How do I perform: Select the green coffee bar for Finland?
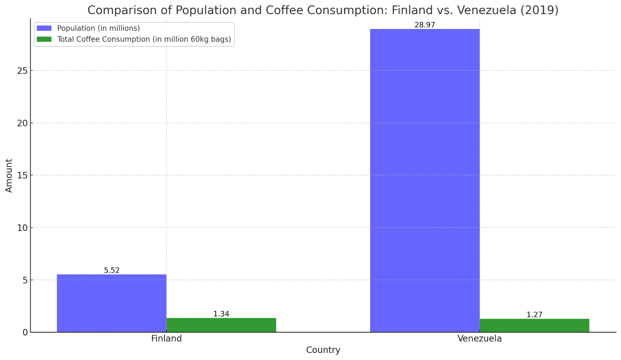(x=221, y=325)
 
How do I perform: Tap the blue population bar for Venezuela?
(x=425, y=180)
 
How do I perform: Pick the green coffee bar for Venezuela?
(x=534, y=325)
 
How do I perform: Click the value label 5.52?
(x=112, y=271)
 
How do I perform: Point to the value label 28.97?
(x=425, y=25)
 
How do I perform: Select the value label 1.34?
(x=221, y=314)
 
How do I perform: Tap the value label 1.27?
(x=534, y=315)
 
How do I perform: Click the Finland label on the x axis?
(x=166, y=338)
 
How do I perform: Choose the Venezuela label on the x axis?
(x=479, y=338)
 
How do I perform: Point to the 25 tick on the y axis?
(x=22, y=71)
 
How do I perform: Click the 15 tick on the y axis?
(x=22, y=175)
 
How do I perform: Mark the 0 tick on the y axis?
(x=25, y=332)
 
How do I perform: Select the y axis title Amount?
(x=9, y=175)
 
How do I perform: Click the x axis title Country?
(x=323, y=350)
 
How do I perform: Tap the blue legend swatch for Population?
(x=44, y=28)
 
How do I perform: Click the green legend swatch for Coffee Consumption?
(x=44, y=39)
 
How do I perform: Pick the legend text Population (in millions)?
(x=99, y=28)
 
